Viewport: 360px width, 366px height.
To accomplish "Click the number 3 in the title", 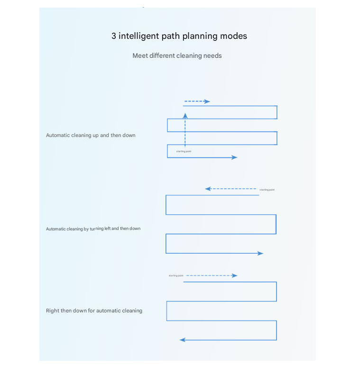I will [114, 36].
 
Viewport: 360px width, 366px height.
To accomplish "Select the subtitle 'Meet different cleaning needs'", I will [177, 55].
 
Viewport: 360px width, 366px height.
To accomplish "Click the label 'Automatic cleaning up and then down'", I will [91, 135].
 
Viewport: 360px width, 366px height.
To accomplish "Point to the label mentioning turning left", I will [93, 229].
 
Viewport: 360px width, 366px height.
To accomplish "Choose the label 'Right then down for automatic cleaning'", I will [94, 311].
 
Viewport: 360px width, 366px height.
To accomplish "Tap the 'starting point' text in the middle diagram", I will [267, 190].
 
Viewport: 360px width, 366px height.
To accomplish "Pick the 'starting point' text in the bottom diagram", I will [176, 275].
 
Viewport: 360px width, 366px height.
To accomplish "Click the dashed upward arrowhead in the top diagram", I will [185, 115].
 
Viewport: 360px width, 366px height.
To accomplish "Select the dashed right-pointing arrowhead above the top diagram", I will [207, 101].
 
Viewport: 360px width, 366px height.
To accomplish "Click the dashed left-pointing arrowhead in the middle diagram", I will [208, 189].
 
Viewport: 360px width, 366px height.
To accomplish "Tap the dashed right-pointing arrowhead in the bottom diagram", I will [234, 275].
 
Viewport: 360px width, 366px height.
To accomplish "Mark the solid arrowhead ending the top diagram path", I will [234, 157].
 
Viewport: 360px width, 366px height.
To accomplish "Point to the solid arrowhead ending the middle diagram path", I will [260, 254].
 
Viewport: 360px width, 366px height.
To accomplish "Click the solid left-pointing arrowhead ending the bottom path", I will [183, 340].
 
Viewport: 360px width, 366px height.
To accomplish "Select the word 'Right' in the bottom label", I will [53, 311].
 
